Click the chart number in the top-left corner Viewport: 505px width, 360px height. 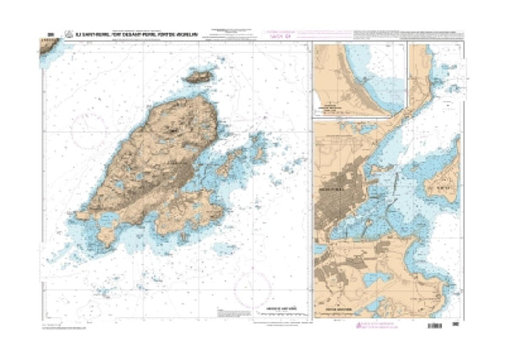pos(51,35)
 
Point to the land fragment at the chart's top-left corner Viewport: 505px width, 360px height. pos(47,46)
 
